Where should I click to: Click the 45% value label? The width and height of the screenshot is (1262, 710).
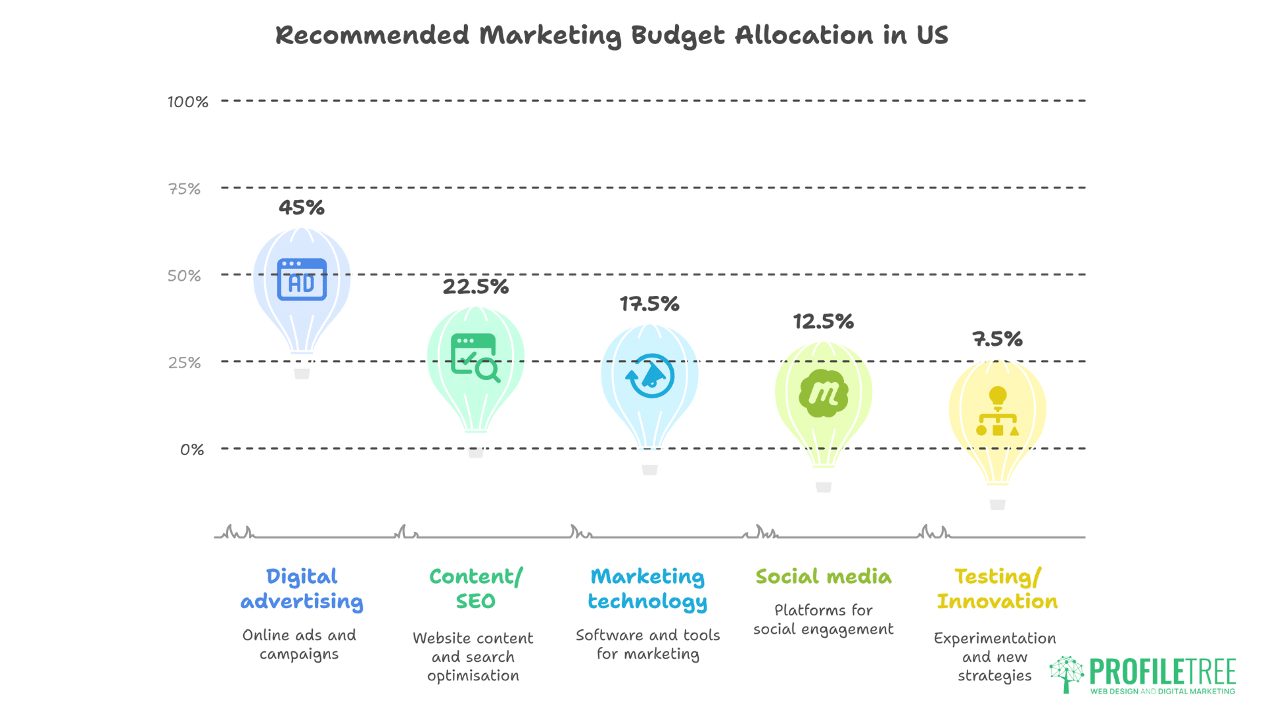coord(301,208)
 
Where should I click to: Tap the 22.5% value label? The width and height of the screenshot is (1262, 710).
coord(475,287)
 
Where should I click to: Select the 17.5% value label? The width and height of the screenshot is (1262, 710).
coord(649,304)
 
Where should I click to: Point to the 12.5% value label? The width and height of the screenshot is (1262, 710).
coord(823,321)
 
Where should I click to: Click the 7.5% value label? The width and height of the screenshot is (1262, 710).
coord(997,339)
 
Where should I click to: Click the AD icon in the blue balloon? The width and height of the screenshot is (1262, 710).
coord(302,279)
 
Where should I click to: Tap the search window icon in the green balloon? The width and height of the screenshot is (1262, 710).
coord(475,358)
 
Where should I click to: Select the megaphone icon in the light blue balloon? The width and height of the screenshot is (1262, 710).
coord(650,376)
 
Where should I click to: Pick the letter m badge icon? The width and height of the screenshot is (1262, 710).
coord(824,393)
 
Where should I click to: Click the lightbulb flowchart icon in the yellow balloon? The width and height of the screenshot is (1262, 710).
coord(998,412)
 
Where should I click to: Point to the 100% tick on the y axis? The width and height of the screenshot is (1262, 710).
coord(188,102)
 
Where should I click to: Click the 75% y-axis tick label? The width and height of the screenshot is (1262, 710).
coord(185,189)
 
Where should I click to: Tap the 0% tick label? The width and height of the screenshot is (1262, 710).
coord(192,450)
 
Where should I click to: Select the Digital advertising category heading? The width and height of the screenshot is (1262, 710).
coord(302,589)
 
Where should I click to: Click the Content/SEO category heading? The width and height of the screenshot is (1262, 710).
coord(476,589)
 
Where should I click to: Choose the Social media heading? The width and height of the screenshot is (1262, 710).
coord(824,577)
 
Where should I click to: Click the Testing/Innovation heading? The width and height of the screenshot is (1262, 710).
coord(997,589)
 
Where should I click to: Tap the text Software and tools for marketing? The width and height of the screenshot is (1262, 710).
coord(648,644)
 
